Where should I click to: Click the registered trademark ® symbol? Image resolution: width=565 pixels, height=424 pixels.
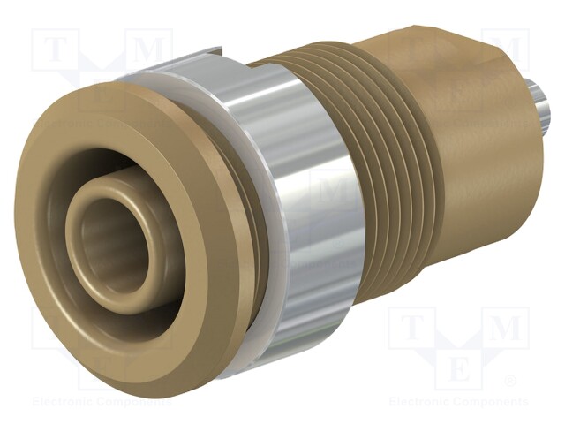point(508,382)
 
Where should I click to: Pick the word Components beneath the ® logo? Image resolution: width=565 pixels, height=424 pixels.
point(493,402)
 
